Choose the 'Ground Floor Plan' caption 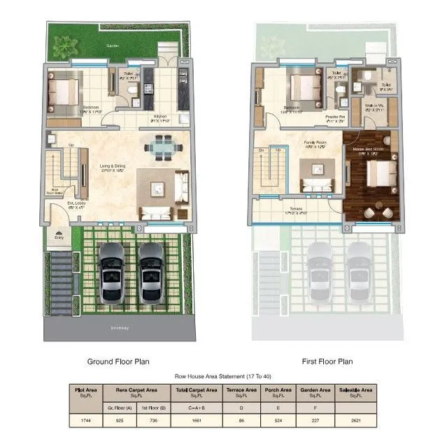tap(118, 362)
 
